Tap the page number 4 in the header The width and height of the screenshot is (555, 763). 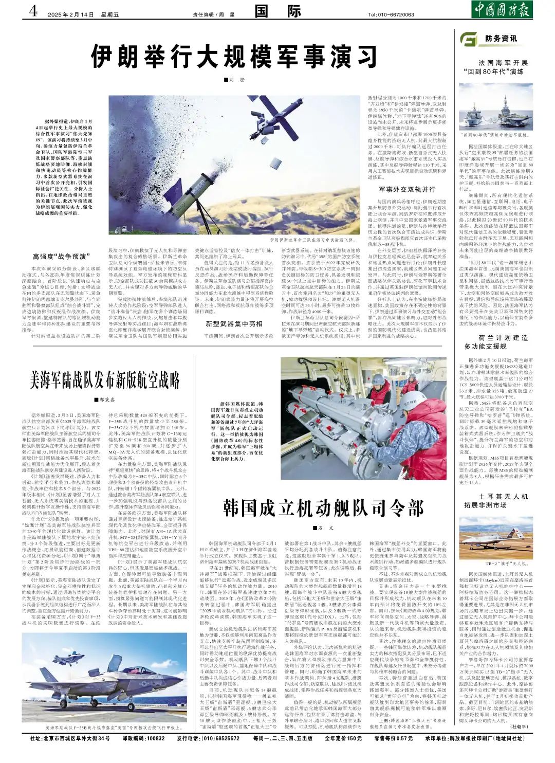(x=34, y=11)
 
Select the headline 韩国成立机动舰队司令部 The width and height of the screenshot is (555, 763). (x=324, y=508)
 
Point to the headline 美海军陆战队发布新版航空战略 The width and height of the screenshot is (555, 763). (x=105, y=380)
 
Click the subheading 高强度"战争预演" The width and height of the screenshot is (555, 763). (x=62, y=256)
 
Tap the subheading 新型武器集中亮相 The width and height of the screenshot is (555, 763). (x=234, y=323)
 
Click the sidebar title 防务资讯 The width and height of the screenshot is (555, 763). (x=501, y=39)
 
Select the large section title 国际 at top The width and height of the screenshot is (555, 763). (x=277, y=11)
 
